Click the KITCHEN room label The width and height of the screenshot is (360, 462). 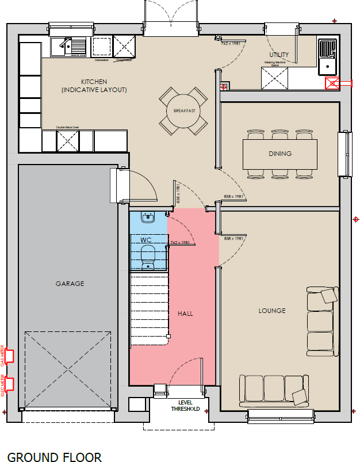pos(94,82)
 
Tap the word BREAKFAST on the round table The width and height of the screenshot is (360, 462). pos(181,110)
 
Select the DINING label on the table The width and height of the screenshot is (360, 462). pos(280,154)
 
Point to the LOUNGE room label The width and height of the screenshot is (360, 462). pos(272,311)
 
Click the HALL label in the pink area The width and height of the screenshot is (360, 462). pos(185,314)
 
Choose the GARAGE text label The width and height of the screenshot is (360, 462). pos(70,284)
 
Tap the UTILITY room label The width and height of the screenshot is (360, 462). pos(279,55)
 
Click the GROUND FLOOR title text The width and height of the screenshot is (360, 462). pos(55,457)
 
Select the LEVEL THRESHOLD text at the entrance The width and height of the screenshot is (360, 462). pos(185,406)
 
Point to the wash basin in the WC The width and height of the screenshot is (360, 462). pos(148,217)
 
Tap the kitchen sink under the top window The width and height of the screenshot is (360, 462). pos(68,46)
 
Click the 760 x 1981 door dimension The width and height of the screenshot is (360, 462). pos(180,242)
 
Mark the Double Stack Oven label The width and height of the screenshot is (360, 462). pos(67,127)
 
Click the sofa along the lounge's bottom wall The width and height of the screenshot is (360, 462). pos(274,390)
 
